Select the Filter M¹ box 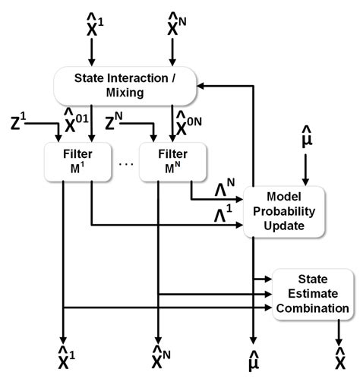pos(77,159)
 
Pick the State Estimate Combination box pos(313,294)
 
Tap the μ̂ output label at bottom pos(253,361)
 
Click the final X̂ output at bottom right pos(339,361)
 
